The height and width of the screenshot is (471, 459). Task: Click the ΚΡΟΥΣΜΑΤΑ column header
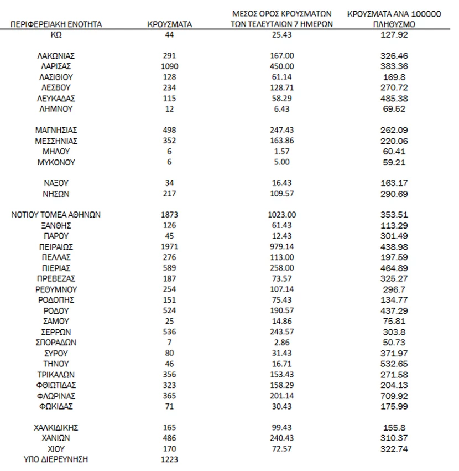(x=169, y=24)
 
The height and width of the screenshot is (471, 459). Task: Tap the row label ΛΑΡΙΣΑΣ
(x=56, y=66)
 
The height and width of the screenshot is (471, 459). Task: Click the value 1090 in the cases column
(x=169, y=66)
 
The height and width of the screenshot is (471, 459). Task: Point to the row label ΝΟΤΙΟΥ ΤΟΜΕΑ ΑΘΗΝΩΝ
(x=56, y=215)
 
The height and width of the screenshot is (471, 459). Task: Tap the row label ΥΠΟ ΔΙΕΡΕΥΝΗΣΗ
(x=56, y=459)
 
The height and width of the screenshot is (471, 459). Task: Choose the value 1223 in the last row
(x=169, y=459)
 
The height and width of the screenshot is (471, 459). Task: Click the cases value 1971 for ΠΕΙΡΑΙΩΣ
(x=169, y=247)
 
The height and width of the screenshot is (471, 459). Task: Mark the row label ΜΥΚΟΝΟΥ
(x=56, y=162)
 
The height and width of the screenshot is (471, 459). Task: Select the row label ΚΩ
(x=56, y=35)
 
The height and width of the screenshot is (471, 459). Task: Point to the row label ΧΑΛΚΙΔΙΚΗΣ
(x=56, y=427)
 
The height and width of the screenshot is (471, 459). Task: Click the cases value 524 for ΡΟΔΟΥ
(x=169, y=310)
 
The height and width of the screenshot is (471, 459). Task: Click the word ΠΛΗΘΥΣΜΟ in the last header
(x=394, y=24)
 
